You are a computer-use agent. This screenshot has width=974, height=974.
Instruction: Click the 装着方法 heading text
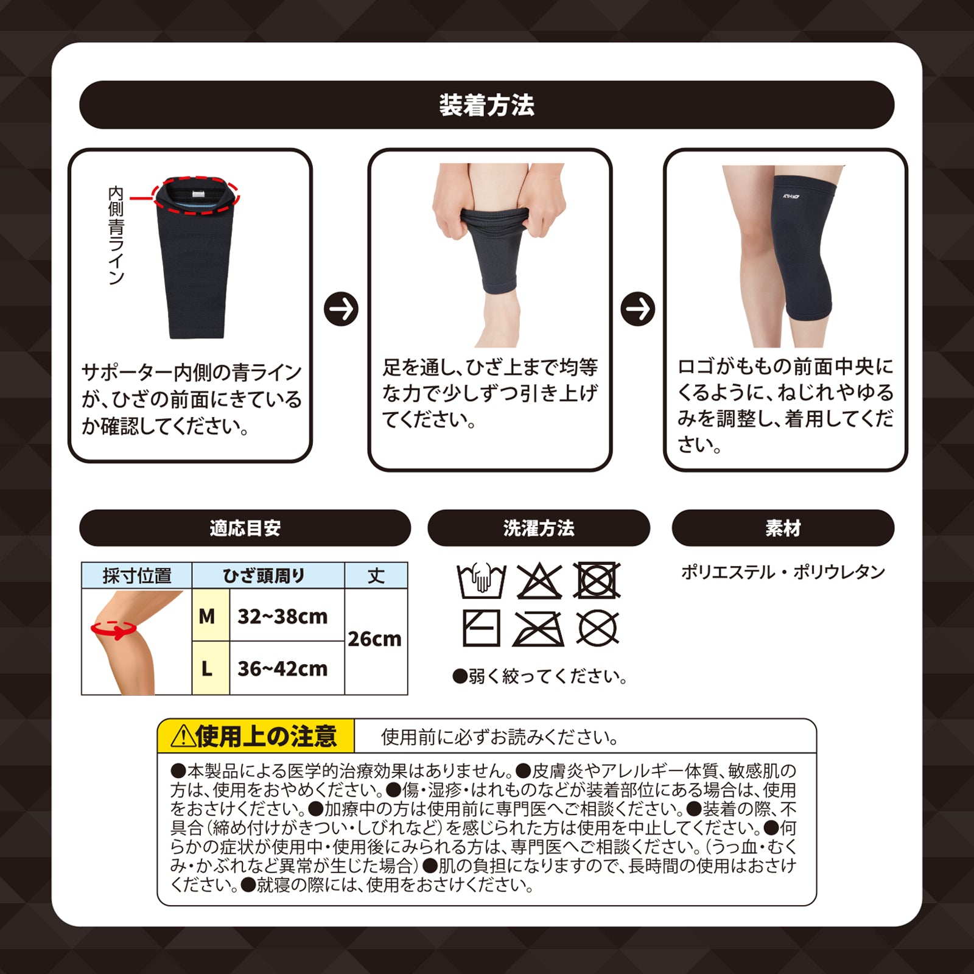click(x=487, y=105)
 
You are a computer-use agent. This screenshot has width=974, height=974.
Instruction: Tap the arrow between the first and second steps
click(x=341, y=309)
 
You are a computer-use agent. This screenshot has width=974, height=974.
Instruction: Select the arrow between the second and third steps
click(x=637, y=309)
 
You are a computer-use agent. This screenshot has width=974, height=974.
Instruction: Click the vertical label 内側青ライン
click(x=116, y=236)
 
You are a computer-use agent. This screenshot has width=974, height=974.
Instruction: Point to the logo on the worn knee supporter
click(x=791, y=197)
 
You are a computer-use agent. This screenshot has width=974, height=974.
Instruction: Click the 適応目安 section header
click(x=245, y=528)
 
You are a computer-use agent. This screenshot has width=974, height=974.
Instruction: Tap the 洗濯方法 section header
click(x=539, y=528)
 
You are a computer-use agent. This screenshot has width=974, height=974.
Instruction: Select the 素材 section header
click(x=783, y=528)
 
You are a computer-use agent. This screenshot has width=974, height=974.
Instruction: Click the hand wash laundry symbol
click(x=482, y=581)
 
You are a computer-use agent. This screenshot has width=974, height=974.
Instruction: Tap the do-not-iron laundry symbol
click(x=538, y=629)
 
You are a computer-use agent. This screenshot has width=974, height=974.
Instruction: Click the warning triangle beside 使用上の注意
click(x=182, y=737)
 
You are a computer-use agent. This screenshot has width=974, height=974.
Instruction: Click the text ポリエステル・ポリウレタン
click(x=783, y=572)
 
